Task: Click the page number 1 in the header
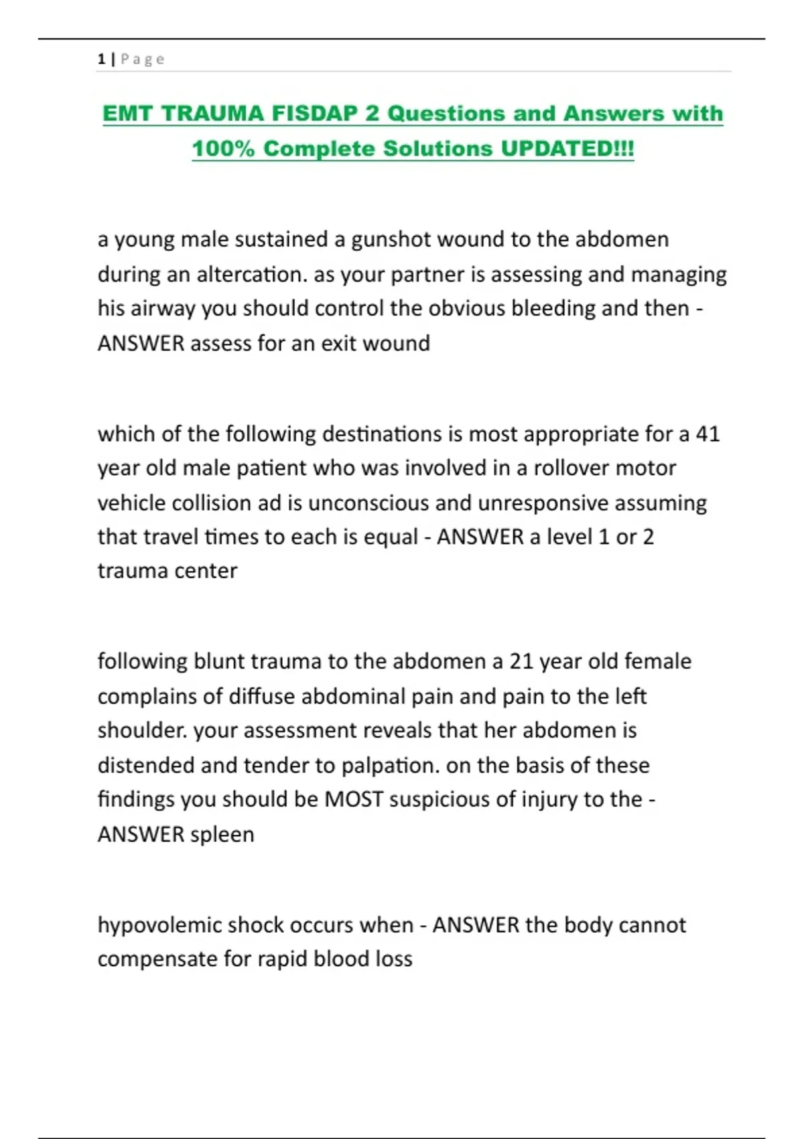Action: pos(101,59)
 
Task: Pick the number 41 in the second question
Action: pos(707,434)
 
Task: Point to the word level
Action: pos(569,537)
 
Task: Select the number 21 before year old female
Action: pos(521,661)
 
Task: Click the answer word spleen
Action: pos(222,835)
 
